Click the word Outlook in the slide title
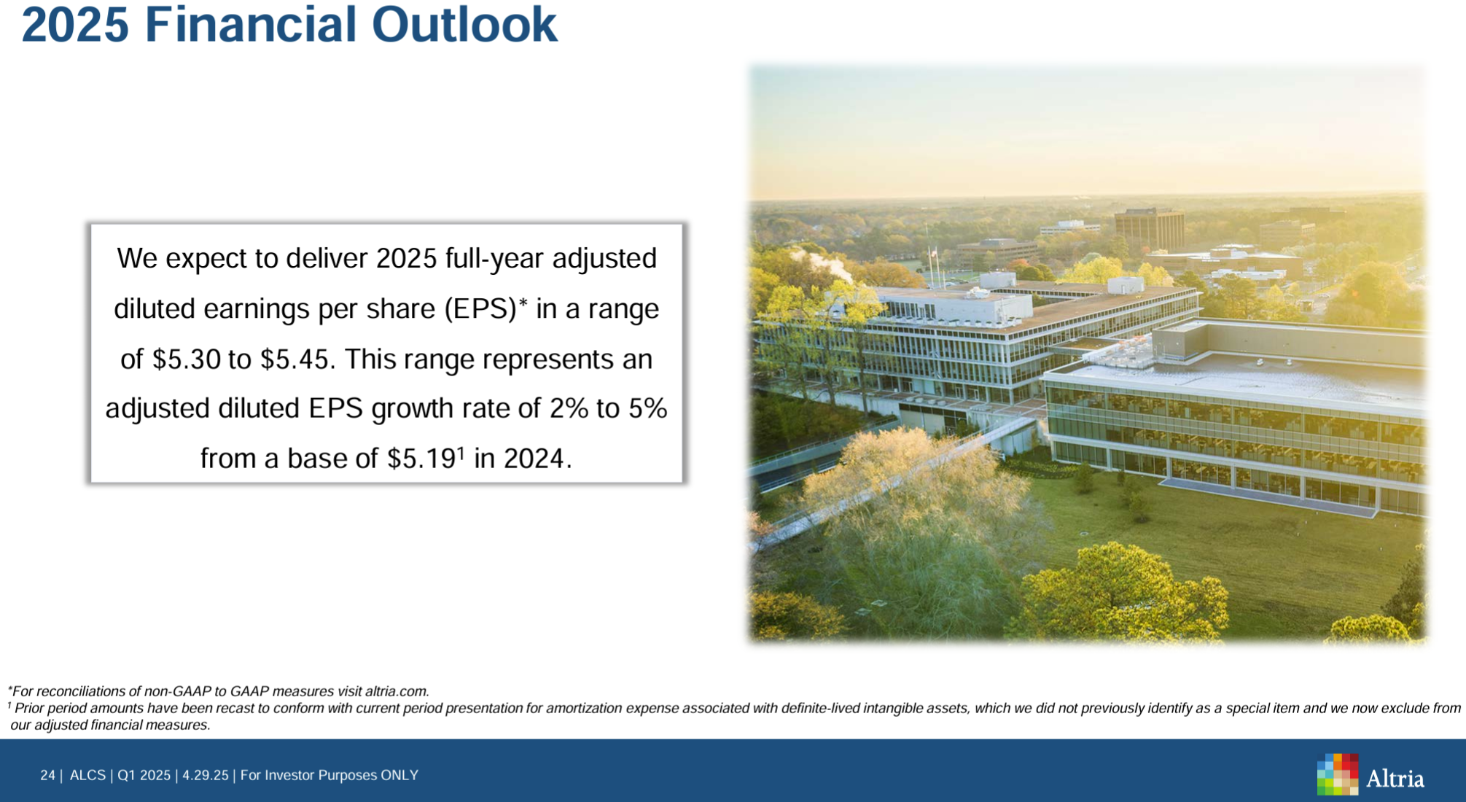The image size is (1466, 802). pos(464,24)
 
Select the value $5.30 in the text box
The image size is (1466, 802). pos(187,359)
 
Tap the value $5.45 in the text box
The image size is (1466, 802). pos(295,359)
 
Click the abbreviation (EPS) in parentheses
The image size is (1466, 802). pos(481,309)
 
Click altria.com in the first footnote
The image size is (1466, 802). pos(397,691)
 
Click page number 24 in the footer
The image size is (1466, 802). pos(47,775)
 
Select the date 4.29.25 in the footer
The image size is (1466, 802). pos(206,775)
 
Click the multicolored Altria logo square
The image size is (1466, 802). pos(1338,774)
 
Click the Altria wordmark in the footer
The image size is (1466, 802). pos(1395,779)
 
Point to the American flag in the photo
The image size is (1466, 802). pos(933,254)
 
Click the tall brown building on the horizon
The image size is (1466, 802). pos(1150,228)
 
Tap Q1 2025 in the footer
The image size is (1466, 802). pos(144,775)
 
